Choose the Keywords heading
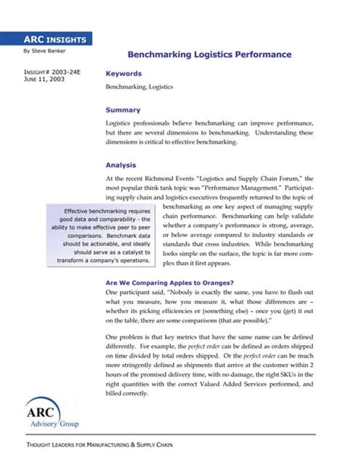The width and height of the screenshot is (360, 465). pyautogui.click(x=124, y=74)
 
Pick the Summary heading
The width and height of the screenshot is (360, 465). pyautogui.click(x=123, y=109)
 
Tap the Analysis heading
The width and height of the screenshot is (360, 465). pyautogui.click(x=122, y=164)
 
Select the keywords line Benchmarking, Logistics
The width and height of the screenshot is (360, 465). pyautogui.click(x=139, y=87)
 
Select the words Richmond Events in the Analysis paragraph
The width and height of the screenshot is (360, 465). pyautogui.click(x=179, y=178)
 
